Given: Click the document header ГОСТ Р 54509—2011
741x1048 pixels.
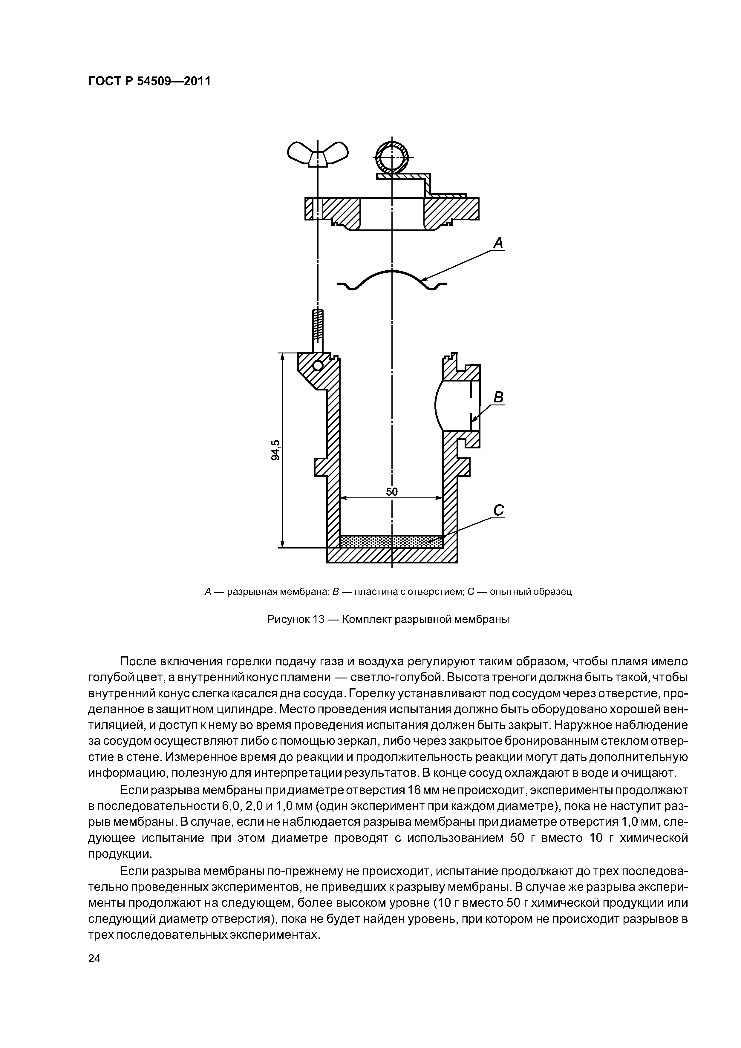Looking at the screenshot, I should pyautogui.click(x=149, y=81).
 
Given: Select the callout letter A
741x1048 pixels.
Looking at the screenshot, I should pyautogui.click(x=498, y=243).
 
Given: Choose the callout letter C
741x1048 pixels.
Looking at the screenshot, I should pyautogui.click(x=499, y=510).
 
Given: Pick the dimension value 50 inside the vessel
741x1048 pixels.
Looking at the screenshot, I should pyautogui.click(x=392, y=492).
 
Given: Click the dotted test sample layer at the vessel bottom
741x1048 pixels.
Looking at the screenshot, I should pyautogui.click(x=391, y=541).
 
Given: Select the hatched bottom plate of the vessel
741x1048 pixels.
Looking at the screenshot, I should pyautogui.click(x=392, y=555).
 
